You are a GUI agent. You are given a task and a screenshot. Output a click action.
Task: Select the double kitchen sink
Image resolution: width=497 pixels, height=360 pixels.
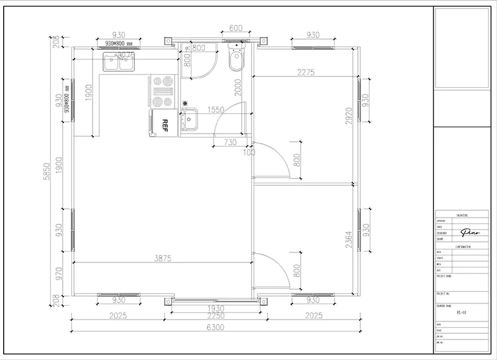(x=119, y=63)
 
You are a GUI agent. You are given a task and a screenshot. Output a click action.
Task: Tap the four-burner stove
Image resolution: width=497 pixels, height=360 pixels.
(x=163, y=91)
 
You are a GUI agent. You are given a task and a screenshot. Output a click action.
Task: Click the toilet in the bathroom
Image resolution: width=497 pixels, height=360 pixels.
(x=236, y=60)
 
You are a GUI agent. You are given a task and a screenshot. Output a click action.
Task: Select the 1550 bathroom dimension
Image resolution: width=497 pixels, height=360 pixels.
(x=216, y=109)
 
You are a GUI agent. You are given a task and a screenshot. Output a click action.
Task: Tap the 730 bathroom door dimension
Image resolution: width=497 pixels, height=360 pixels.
(x=230, y=142)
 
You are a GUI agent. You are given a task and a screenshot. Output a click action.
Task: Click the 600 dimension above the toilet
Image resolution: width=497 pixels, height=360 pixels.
(x=235, y=29)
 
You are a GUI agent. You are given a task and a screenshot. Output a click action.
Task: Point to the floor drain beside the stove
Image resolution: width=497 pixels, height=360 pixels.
(x=185, y=104)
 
